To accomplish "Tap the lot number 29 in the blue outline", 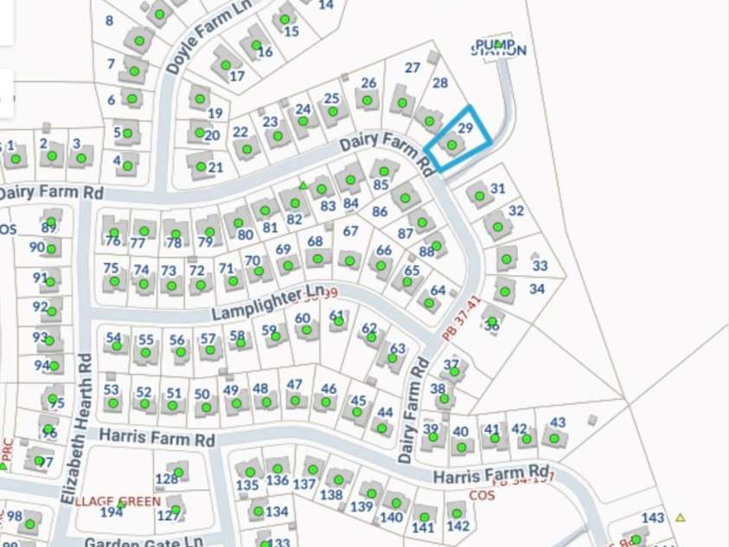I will pyautogui.click(x=464, y=127).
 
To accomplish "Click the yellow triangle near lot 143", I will pyautogui.click(x=681, y=518).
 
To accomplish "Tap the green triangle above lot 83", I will pyautogui.click(x=304, y=185).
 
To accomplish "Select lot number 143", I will pyautogui.click(x=653, y=518).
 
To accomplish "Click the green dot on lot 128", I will pyautogui.click(x=178, y=472).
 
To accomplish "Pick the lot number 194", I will pyautogui.click(x=112, y=512).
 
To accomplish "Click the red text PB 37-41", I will pyautogui.click(x=460, y=319).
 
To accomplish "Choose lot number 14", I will pyautogui.click(x=325, y=5).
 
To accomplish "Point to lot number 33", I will pyautogui.click(x=540, y=266).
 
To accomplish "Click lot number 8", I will pyautogui.click(x=109, y=21).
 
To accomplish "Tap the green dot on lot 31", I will pyautogui.click(x=480, y=196).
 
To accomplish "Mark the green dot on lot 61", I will pyautogui.click(x=338, y=321).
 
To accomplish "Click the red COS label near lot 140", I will pyautogui.click(x=482, y=495).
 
